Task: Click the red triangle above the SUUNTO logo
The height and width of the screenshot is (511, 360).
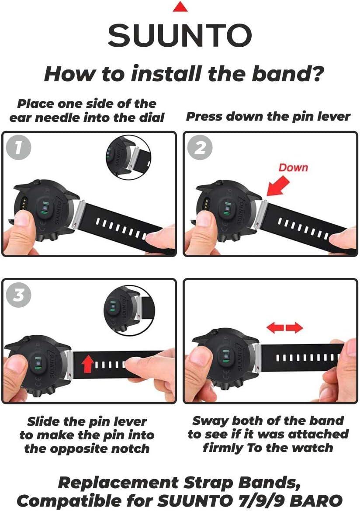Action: pyautogui.click(x=180, y=7)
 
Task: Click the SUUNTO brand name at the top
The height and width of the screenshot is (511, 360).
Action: pyautogui.click(x=180, y=35)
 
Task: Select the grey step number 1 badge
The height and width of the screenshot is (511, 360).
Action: pyautogui.click(x=19, y=147)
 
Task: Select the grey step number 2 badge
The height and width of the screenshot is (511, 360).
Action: pyautogui.click(x=201, y=147)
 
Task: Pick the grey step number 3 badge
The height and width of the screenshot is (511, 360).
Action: pyautogui.click(x=19, y=295)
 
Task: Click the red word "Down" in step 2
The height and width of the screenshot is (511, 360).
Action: pyautogui.click(x=293, y=167)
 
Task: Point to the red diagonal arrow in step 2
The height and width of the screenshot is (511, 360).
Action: pyautogui.click(x=277, y=186)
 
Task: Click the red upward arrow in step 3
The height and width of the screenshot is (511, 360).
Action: pyautogui.click(x=88, y=364)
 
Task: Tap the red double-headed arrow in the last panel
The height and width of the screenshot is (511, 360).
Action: pyautogui.click(x=285, y=327)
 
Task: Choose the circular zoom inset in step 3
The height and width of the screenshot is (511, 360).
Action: pyautogui.click(x=129, y=310)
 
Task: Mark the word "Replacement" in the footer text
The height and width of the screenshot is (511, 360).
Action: pyautogui.click(x=118, y=483)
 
